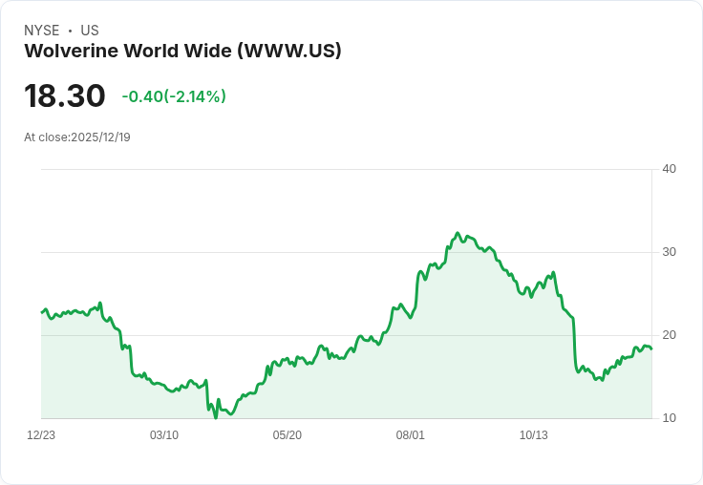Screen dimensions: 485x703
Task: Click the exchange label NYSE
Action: coord(41,31)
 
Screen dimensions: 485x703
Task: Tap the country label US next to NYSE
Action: coord(90,31)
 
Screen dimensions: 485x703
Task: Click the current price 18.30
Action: coord(65,96)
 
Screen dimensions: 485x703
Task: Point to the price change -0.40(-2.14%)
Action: coord(174,96)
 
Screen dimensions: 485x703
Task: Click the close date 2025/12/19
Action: coord(100,137)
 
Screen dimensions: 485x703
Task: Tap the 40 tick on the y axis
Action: coord(669,169)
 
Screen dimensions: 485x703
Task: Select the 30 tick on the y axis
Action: coord(669,252)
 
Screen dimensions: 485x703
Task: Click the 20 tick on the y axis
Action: coord(669,335)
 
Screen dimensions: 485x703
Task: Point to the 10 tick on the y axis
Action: coord(669,418)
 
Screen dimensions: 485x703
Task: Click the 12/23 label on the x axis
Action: coord(41,435)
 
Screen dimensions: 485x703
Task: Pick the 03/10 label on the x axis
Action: coord(164,435)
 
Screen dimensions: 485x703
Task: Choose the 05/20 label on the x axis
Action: coord(288,435)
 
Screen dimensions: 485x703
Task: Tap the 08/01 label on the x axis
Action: coord(411,435)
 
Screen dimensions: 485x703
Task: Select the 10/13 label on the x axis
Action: coord(534,435)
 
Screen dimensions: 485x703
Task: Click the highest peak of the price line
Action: coord(458,233)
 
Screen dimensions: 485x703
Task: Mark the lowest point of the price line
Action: coord(216,417)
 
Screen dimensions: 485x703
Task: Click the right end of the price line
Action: coord(651,348)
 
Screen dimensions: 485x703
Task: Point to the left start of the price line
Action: coord(41,312)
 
